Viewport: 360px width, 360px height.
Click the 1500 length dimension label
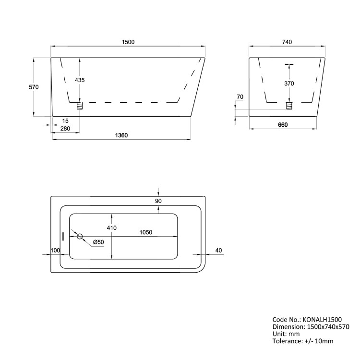128,42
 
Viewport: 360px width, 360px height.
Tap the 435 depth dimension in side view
80,80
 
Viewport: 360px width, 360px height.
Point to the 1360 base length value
121,135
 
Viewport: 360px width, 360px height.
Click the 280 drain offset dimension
65,128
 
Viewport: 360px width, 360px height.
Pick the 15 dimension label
65,120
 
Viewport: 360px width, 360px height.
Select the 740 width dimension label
288,42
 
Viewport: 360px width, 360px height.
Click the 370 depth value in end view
289,84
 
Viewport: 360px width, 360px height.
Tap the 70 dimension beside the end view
240,97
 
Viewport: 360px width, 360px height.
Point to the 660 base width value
283,125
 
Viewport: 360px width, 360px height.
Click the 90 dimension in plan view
158,202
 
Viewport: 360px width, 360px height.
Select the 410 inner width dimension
112,228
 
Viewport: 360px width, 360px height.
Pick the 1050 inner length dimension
146,232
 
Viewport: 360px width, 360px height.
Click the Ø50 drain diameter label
98,241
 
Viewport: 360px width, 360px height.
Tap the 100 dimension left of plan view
55,250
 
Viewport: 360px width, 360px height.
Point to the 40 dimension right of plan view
219,250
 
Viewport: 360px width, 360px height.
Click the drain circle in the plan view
80,236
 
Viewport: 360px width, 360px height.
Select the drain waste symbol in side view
80,105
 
